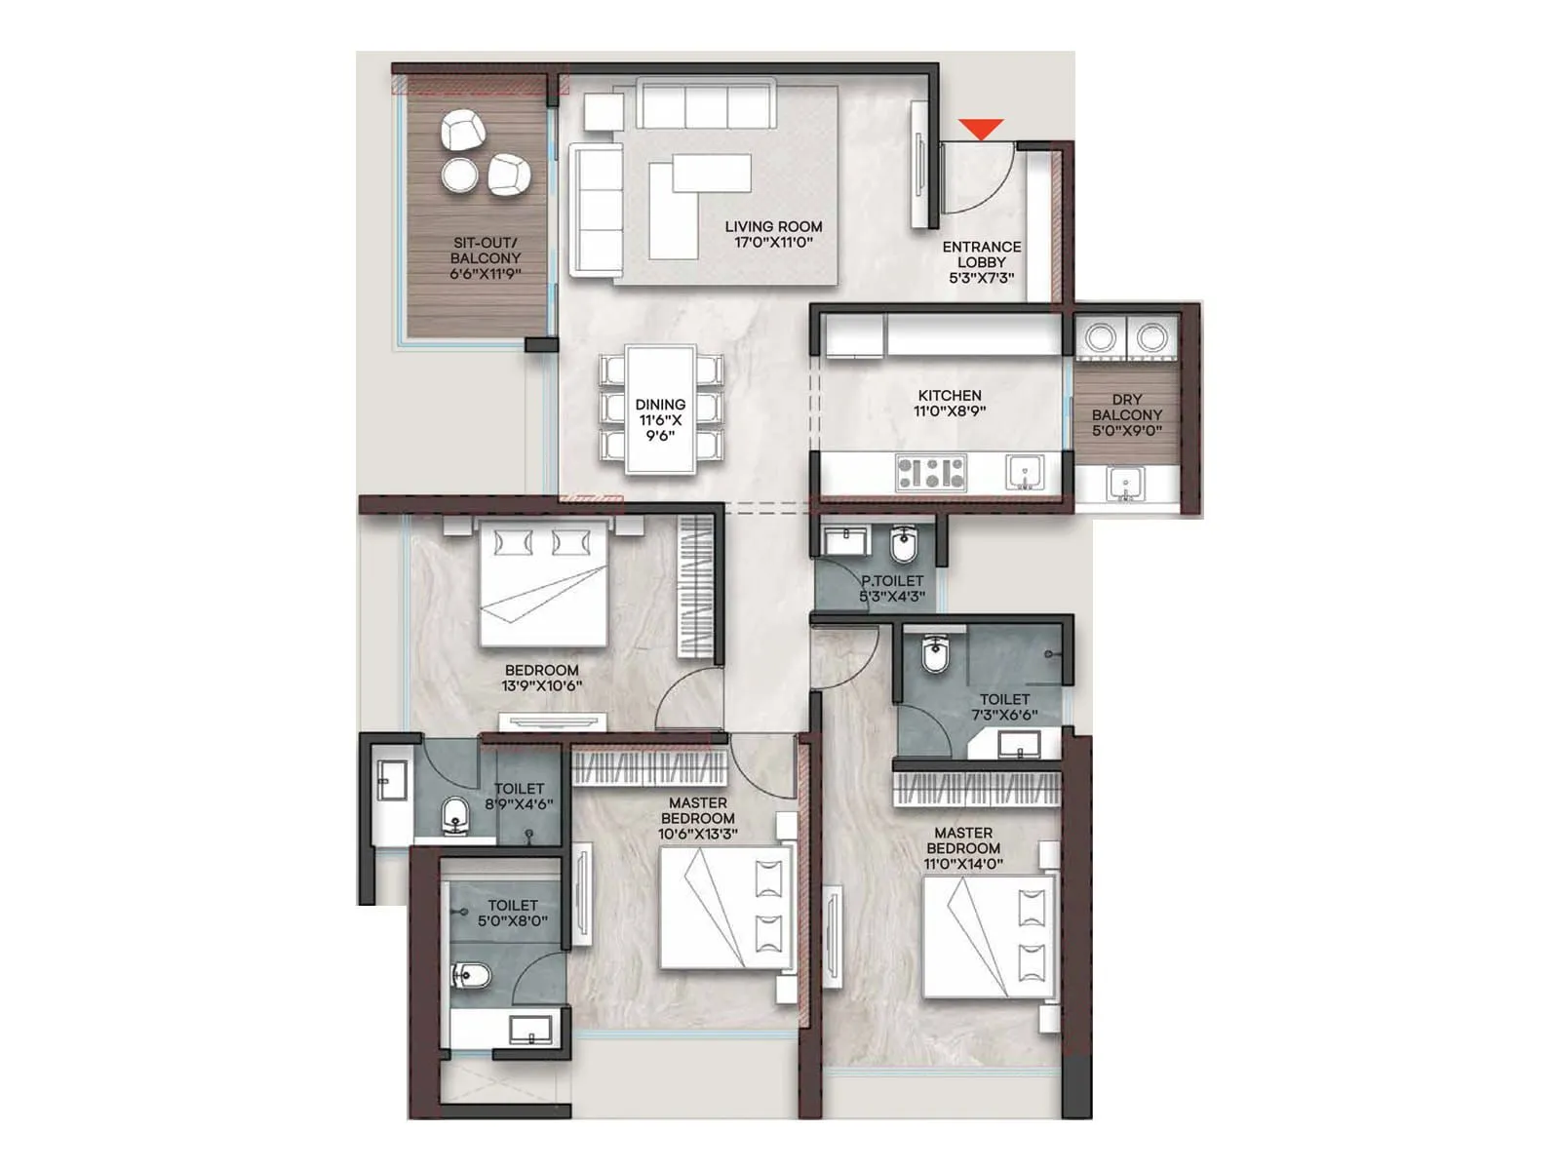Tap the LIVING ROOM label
pyautogui.click(x=773, y=226)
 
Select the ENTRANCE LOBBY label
pyautogui.click(x=982, y=254)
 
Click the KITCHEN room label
pyautogui.click(x=950, y=396)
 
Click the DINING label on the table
pyautogui.click(x=660, y=404)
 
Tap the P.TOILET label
pyautogui.click(x=892, y=581)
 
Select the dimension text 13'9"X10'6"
pyautogui.click(x=542, y=685)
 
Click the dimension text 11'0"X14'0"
pyautogui.click(x=963, y=864)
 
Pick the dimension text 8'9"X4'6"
pyautogui.click(x=519, y=804)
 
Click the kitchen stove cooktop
pyautogui.click(x=931, y=473)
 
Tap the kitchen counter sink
pyautogui.click(x=1025, y=473)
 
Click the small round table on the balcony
pyautogui.click(x=460, y=175)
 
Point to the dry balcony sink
pyautogui.click(x=1126, y=484)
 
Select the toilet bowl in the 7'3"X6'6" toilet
pyautogui.click(x=936, y=655)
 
